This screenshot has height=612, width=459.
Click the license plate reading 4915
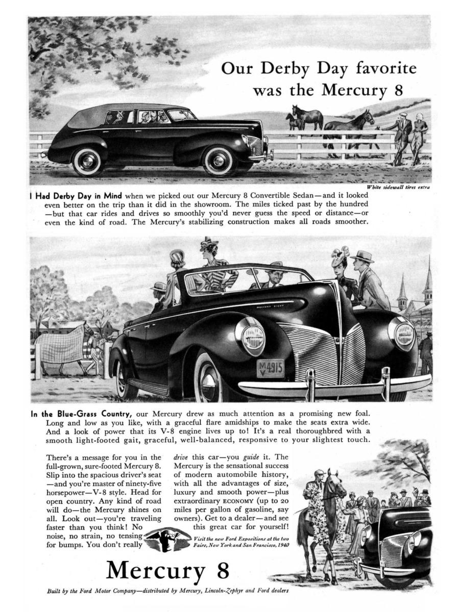click(270, 368)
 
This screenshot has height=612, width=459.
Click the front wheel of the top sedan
click(219, 161)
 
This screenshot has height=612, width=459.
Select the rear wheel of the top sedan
click(87, 162)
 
